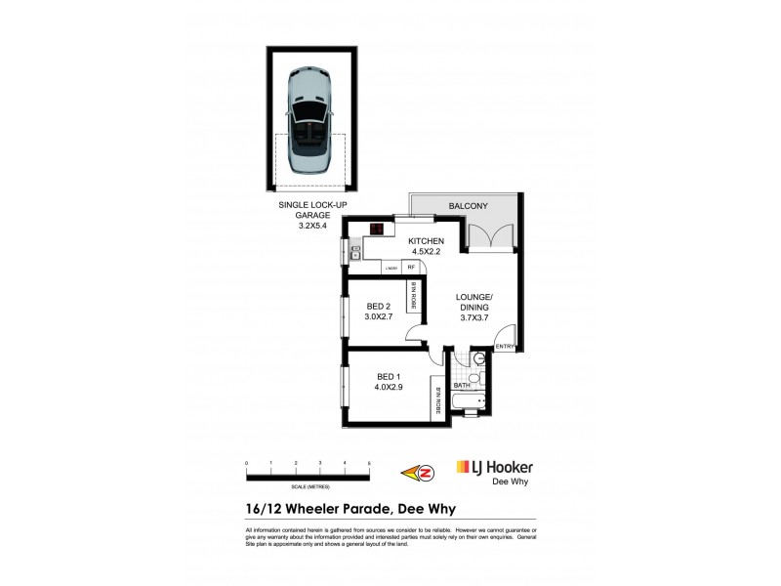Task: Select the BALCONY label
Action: point(469,207)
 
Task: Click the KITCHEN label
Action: point(427,241)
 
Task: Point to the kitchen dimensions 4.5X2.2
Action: point(427,252)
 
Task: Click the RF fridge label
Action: point(412,267)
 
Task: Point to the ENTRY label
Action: point(505,347)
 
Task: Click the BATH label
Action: point(463,386)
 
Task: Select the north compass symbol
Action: point(425,473)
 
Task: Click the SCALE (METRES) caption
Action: point(308,485)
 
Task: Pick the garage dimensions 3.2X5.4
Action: point(313,226)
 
